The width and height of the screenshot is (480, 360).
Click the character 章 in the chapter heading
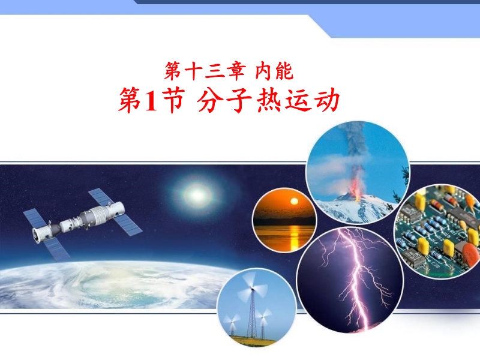pyautogui.click(x=236, y=71)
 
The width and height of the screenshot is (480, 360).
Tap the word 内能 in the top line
pyautogui.click(x=275, y=71)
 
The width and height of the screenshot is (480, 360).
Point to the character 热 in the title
pyautogui.click(x=268, y=100)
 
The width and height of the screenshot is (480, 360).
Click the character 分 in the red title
pyautogui.click(x=209, y=100)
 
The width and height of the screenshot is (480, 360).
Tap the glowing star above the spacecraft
pyautogui.click(x=197, y=194)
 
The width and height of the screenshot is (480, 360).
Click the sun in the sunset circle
pyautogui.click(x=294, y=201)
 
